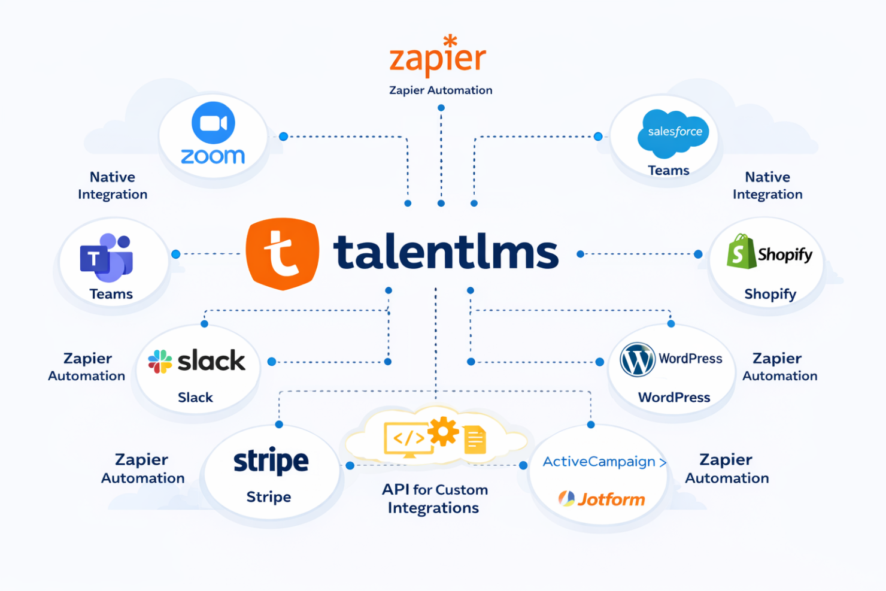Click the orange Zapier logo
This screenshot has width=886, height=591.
pos(438,57)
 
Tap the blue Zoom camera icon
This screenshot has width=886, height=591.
pos(213,123)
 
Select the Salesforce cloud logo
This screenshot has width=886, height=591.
pos(673,132)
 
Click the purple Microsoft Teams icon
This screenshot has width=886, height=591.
pos(107,257)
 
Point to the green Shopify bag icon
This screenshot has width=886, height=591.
pos(741,251)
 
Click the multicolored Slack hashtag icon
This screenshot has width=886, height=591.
pos(160,362)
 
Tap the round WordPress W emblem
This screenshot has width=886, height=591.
pos(637,359)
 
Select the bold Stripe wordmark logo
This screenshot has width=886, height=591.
pos(271,461)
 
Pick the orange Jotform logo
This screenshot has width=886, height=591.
pos(602,499)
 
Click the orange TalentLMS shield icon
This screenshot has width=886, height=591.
pos(283,254)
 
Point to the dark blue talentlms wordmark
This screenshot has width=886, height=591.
pos(446,252)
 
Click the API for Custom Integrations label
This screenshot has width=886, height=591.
pos(434,498)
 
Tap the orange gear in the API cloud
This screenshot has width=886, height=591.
pos(443,431)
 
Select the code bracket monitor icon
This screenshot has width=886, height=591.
pos(408,440)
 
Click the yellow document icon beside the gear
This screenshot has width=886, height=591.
pos(475,440)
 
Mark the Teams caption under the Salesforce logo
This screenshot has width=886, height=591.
pos(668,171)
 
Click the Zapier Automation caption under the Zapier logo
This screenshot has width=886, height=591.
pos(441,90)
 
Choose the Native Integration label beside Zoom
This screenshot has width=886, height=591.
pos(113,186)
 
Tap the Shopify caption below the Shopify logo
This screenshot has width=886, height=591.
pos(770,294)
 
